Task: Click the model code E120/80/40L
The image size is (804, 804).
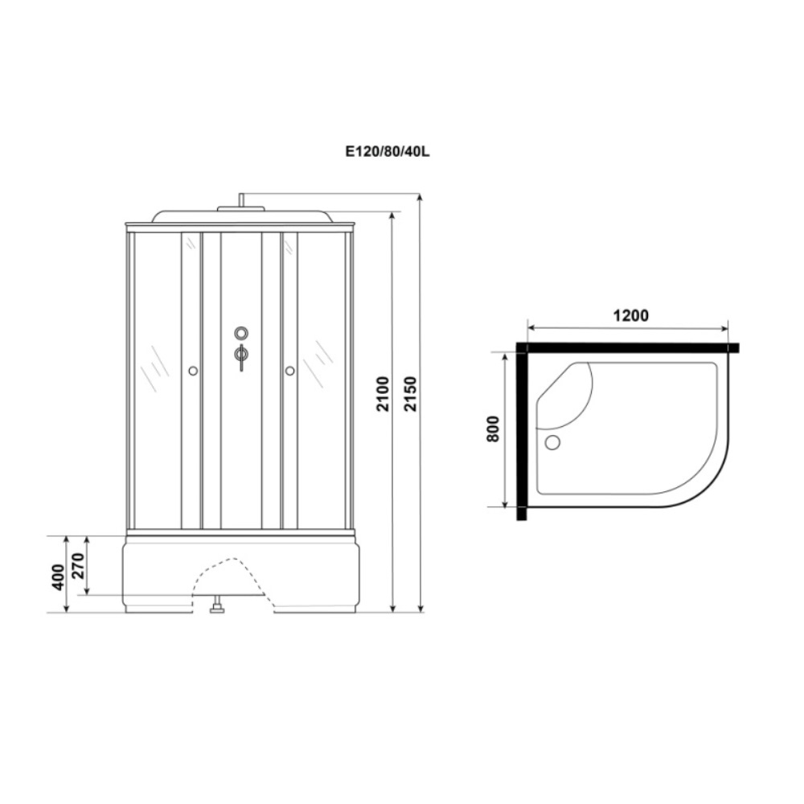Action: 388,150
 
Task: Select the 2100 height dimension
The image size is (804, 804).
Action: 384,393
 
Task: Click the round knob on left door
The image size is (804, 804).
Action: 192,371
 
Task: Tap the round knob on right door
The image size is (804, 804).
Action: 290,371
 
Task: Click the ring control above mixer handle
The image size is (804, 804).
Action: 241,333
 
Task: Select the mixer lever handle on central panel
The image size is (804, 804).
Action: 241,355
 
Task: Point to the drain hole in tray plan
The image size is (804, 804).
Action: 552,442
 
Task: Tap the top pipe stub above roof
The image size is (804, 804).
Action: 240,199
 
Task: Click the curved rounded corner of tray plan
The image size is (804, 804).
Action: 708,482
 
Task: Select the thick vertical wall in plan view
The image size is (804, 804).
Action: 521,434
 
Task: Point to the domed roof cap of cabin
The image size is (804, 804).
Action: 240,215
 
